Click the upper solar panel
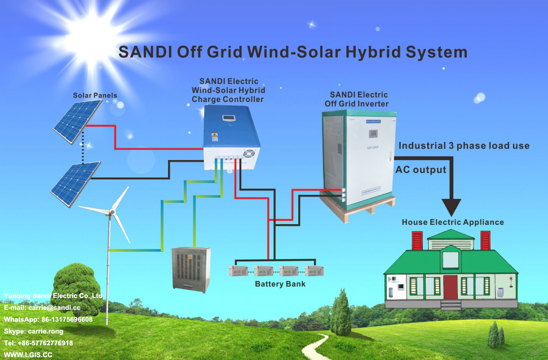coord(77,123)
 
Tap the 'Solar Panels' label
coord(95,95)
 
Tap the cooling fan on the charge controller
coord(249,154)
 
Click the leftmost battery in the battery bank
coord(237,270)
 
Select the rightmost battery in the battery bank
coord(314,270)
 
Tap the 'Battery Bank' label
coord(280,284)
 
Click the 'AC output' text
coord(421,170)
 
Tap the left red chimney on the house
coord(418,241)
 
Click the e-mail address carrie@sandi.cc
coord(42,308)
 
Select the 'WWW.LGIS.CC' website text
coord(28,355)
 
